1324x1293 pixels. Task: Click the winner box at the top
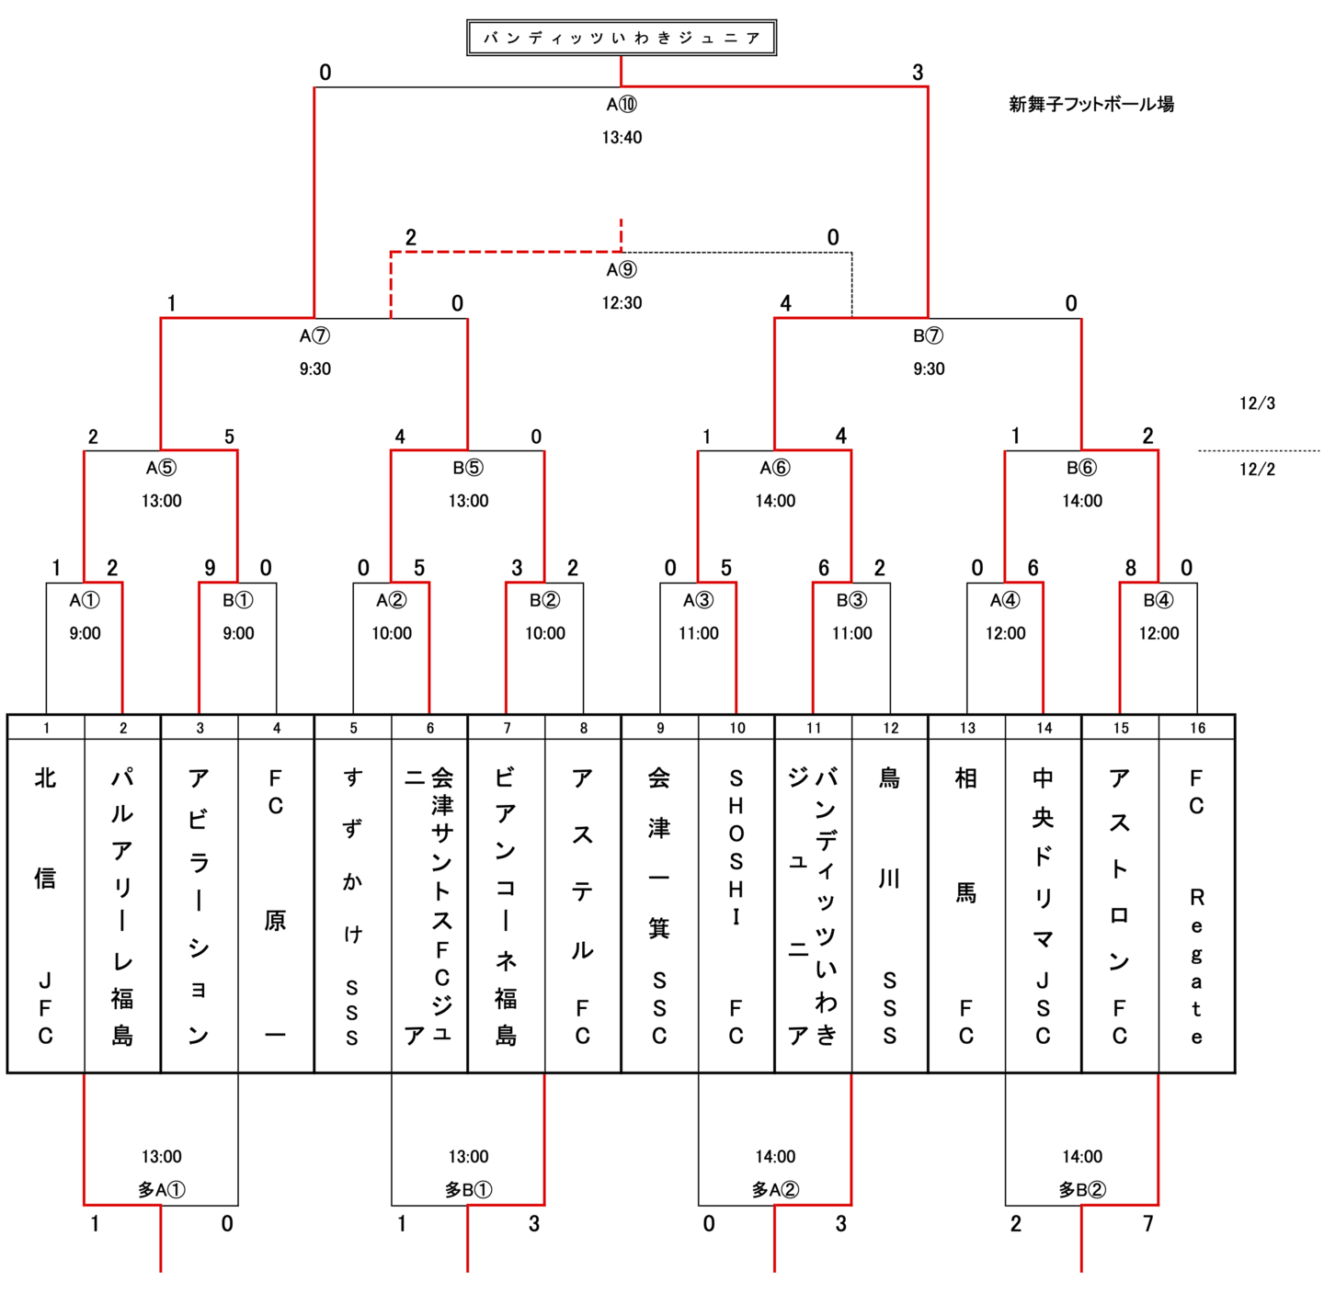click(x=622, y=38)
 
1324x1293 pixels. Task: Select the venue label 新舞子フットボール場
click(x=1091, y=104)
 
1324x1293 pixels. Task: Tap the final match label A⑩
click(x=622, y=105)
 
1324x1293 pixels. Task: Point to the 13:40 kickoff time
click(x=622, y=138)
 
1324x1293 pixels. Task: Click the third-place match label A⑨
click(x=622, y=270)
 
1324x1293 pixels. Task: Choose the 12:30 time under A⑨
click(x=622, y=303)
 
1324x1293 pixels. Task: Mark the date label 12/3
click(x=1257, y=403)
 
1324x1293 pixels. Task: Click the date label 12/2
click(x=1257, y=470)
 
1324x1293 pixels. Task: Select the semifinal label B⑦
click(x=929, y=336)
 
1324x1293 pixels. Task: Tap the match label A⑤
click(x=161, y=469)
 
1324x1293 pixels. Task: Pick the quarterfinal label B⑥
click(x=1081, y=469)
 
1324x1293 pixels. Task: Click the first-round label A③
click(x=698, y=601)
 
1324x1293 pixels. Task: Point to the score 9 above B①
click(x=210, y=568)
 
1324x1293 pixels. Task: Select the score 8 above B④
click(x=1131, y=568)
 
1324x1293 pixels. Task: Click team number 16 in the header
click(x=1197, y=728)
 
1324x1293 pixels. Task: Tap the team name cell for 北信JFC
click(x=46, y=905)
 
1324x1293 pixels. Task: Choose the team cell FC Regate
click(x=1197, y=905)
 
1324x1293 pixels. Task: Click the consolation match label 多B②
click(x=1082, y=1190)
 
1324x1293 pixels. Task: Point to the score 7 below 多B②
click(x=1148, y=1224)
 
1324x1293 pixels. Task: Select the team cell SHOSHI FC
click(x=736, y=905)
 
